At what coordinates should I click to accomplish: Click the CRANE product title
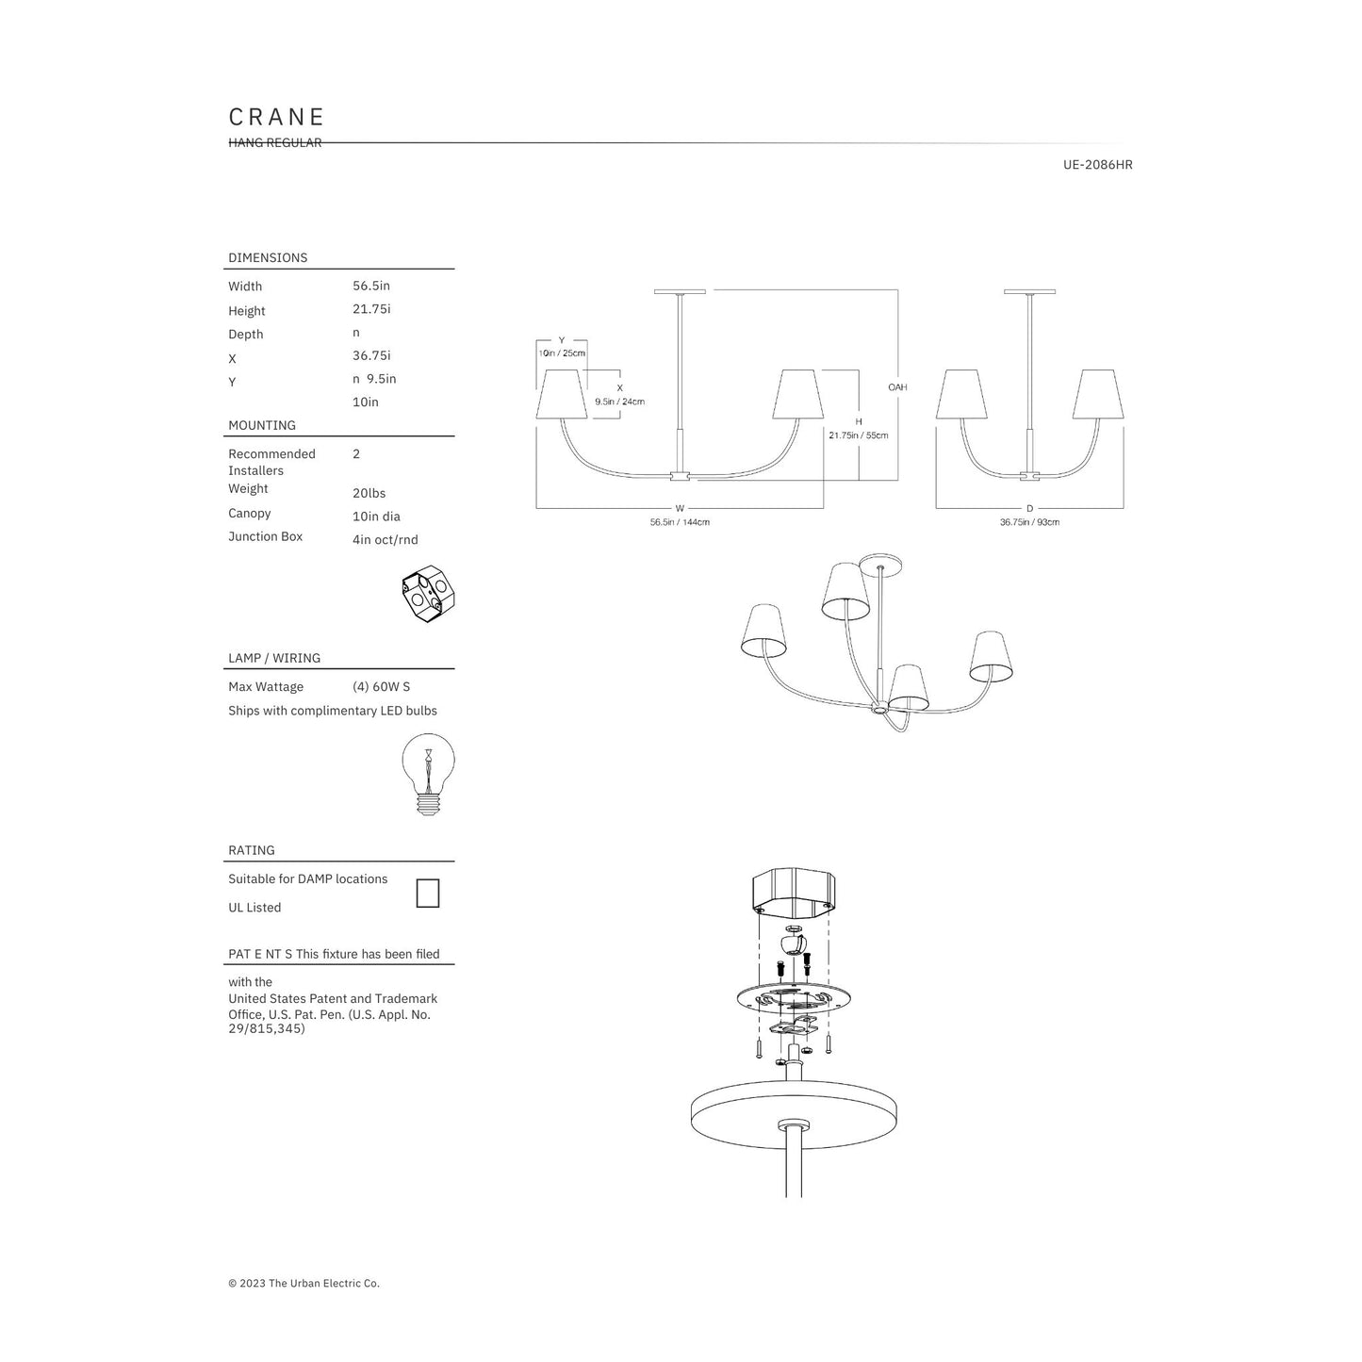[276, 117]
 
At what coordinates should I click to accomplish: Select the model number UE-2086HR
[1097, 165]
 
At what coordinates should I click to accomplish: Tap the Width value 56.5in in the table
[371, 286]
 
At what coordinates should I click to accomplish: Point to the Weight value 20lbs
[369, 493]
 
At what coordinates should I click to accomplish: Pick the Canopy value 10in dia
[376, 517]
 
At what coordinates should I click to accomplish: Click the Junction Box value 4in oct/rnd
[386, 540]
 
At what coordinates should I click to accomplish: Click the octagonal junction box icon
[428, 594]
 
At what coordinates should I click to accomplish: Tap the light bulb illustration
[428, 775]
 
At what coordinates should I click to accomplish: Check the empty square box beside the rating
[428, 894]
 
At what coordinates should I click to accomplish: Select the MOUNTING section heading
[261, 425]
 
